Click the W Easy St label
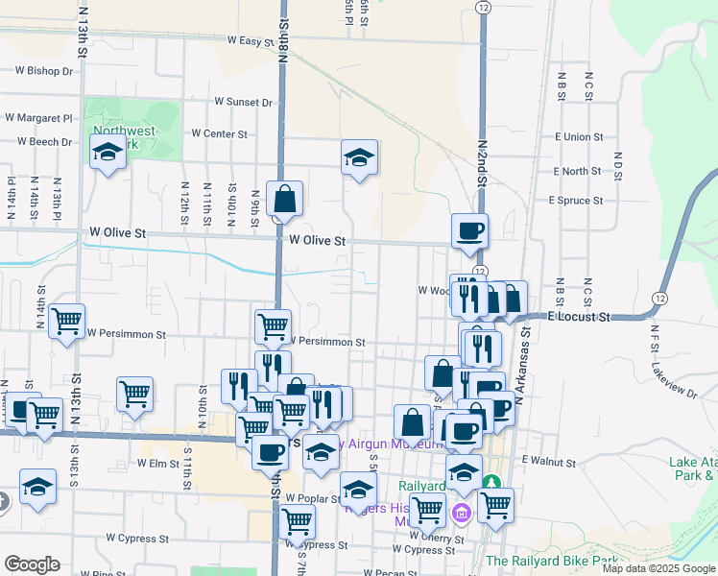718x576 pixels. (251, 40)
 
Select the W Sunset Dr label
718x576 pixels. (244, 101)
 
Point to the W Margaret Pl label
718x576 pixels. (38, 118)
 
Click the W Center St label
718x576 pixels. (220, 133)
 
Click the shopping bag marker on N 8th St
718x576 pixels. (285, 199)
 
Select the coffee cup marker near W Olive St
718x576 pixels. (469, 230)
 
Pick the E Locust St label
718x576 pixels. (580, 315)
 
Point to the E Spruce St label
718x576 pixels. (575, 201)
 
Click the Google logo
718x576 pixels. (32, 564)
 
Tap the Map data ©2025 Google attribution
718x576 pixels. (658, 568)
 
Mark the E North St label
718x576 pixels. (577, 171)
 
